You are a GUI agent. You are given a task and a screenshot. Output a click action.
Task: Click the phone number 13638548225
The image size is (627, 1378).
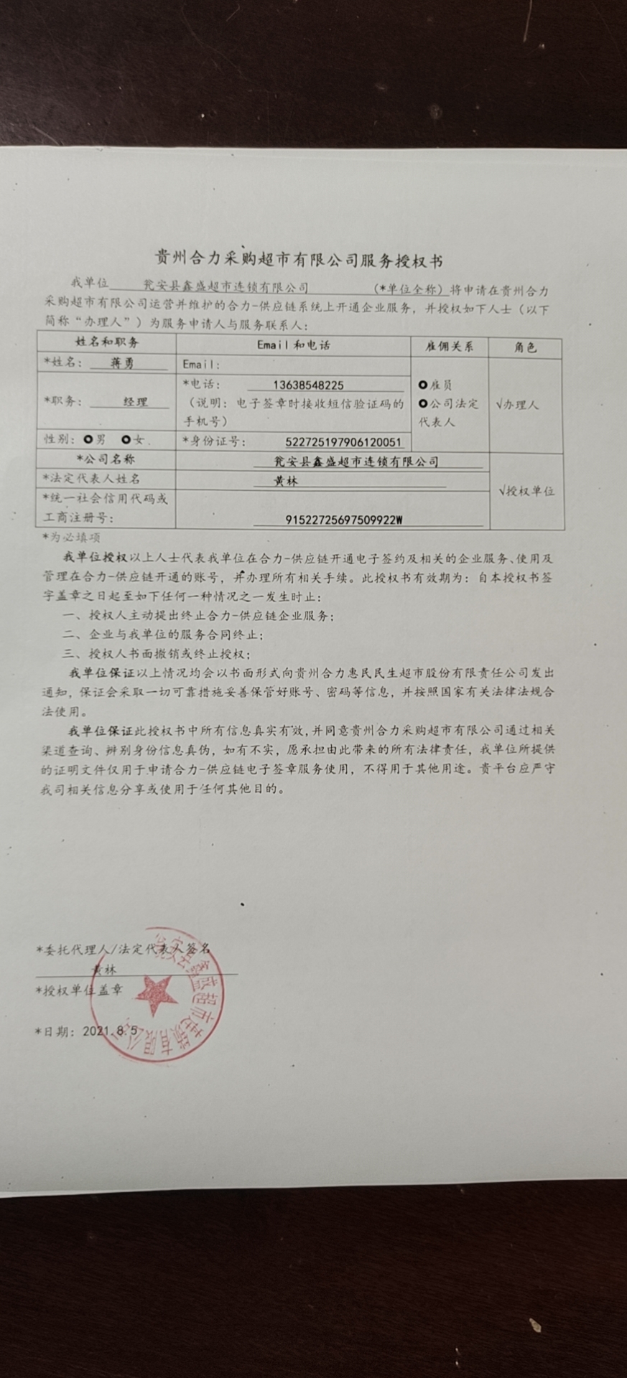coord(308,385)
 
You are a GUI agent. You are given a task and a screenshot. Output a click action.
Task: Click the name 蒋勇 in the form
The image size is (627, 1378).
coord(123,363)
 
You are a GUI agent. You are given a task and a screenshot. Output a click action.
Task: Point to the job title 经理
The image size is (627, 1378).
coord(135,402)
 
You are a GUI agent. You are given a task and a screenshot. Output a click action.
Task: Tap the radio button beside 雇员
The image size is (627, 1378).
coord(423,385)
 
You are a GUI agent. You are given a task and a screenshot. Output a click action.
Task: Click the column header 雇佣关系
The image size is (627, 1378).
coord(449,346)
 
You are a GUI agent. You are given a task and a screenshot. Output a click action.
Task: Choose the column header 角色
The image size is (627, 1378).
coord(525,347)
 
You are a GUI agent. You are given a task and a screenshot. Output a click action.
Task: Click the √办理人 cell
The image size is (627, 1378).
coord(517,405)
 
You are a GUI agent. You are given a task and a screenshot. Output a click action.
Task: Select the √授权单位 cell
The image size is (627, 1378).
coord(526,491)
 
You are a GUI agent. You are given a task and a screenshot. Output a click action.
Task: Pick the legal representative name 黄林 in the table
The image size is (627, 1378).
coord(285,482)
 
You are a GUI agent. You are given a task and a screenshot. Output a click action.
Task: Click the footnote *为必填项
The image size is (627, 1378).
coord(72,536)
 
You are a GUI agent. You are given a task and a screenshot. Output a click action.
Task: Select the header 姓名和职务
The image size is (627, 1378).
coord(107,343)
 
